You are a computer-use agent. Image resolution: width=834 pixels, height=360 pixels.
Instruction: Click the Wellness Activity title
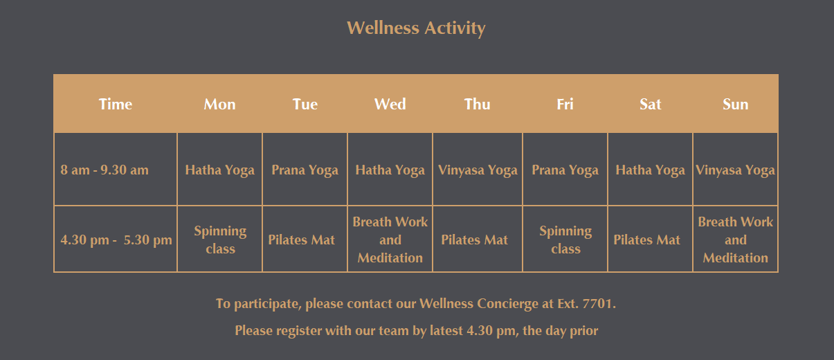click(416, 28)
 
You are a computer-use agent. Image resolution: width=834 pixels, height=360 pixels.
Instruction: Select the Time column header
click(116, 105)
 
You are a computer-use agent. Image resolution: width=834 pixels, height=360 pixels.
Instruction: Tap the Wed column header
click(390, 105)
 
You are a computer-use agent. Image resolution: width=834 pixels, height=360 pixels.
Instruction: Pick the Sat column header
click(650, 105)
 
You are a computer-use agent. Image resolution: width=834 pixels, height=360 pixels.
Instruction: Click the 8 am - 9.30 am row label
click(105, 170)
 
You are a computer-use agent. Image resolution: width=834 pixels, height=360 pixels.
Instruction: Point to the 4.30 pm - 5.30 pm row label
click(116, 240)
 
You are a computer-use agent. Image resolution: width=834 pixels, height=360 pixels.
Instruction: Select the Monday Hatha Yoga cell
click(219, 170)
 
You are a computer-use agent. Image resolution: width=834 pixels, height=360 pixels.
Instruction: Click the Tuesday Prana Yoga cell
click(305, 170)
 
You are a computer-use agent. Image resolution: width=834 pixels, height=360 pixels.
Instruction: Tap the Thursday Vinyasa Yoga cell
click(478, 170)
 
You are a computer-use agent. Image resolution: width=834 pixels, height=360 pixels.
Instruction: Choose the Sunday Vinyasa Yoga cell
click(735, 170)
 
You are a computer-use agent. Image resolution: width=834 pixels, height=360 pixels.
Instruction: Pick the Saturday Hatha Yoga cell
click(650, 170)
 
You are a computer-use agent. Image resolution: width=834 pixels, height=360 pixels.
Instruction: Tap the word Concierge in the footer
click(507, 304)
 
